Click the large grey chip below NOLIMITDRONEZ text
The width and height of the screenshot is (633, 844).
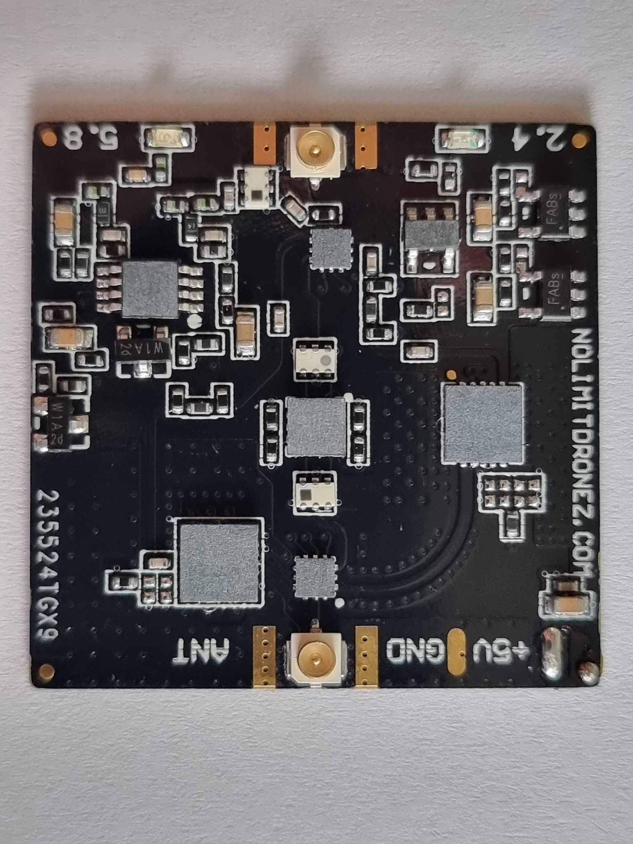click(482, 423)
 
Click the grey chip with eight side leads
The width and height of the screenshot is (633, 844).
click(150, 288)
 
